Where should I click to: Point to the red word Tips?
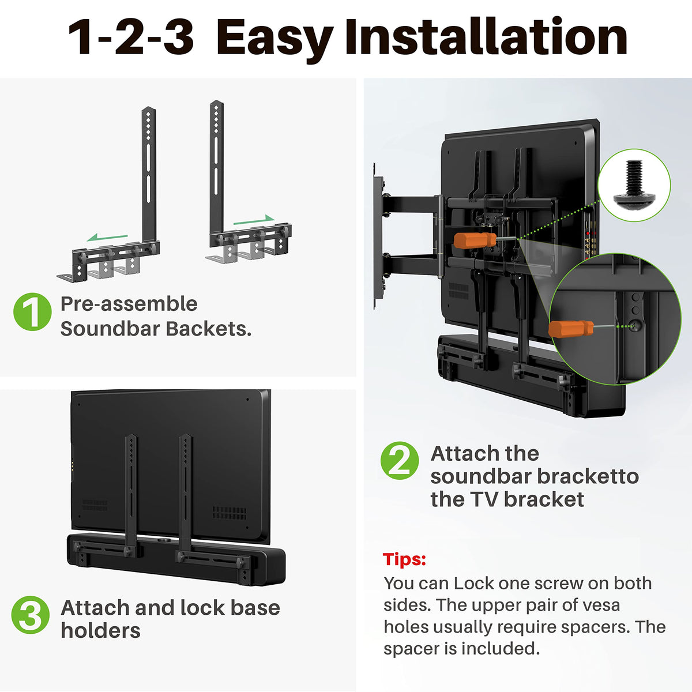[405, 559]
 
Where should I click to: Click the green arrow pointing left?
[108, 237]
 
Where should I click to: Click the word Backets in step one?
[209, 329]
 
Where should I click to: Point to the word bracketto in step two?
[588, 476]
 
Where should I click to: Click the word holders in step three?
[100, 630]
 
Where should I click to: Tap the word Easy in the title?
[274, 37]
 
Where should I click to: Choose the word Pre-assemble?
[129, 304]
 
